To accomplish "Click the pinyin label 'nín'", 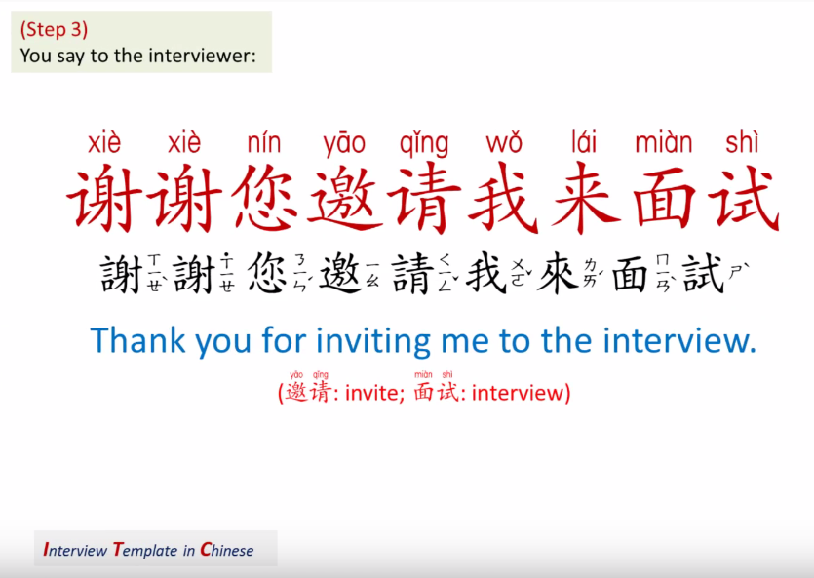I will coord(264,143).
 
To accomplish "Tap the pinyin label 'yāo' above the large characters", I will coord(344,144).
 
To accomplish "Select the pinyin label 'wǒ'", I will coord(504,144).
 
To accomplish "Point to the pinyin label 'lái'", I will coord(584,143).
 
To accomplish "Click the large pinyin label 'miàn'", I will coord(663,143).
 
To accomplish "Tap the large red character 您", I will coord(266,199).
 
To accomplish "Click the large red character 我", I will coord(505,199).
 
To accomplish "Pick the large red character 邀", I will coord(346,199).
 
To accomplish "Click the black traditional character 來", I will coord(559,274).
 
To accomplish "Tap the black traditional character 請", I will coord(411,274).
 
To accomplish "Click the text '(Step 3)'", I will coord(54,29).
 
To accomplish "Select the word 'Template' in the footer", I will coord(145,550).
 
